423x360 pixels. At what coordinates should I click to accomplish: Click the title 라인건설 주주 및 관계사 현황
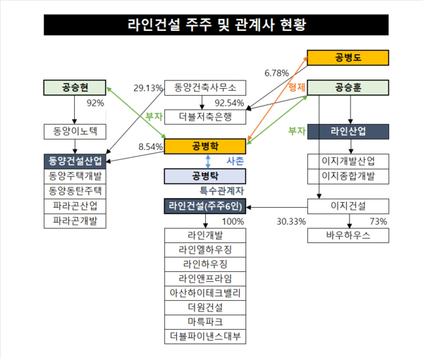211,25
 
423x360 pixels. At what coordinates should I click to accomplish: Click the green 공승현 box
74,88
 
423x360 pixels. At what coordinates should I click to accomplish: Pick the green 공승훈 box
348,88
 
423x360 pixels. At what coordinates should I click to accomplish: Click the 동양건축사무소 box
205,88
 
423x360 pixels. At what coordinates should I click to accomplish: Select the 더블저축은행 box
205,116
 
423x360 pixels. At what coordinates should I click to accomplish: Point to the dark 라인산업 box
348,131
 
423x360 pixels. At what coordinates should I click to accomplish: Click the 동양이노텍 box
74,131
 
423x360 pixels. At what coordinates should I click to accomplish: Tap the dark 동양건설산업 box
74,160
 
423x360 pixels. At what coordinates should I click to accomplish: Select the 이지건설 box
348,206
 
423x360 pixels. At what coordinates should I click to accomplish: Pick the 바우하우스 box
348,235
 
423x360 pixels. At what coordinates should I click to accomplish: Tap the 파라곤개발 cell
74,221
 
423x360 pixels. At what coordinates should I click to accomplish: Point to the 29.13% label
148,88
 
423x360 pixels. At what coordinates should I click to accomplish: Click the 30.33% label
291,221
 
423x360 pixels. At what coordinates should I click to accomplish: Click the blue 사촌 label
235,161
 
